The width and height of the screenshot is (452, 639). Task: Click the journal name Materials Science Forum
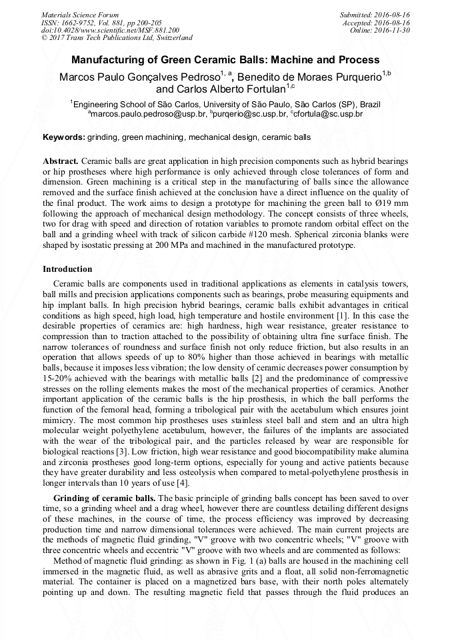coord(80,14)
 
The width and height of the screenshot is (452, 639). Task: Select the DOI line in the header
coord(110,30)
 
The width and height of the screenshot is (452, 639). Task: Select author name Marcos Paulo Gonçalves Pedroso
coord(141,76)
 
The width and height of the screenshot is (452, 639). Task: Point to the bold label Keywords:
coord(64,138)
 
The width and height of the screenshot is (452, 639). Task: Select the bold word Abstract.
coord(61,162)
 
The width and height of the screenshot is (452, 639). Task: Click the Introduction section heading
coord(67,269)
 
